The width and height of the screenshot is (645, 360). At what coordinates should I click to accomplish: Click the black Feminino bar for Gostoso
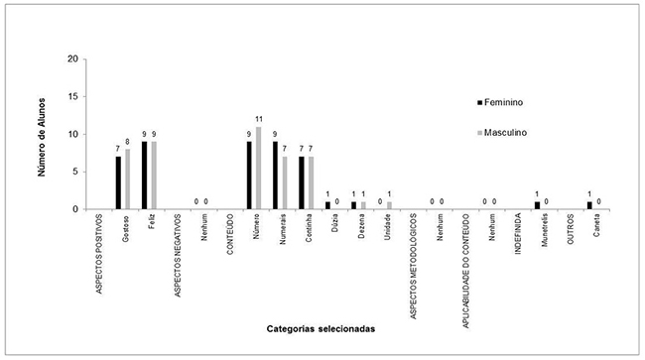[118, 182]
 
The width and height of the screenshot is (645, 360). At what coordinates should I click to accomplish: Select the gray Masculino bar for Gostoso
[127, 180]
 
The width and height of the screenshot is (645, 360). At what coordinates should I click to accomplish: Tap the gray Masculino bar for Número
[259, 168]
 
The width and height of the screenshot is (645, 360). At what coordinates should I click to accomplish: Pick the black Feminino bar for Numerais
[276, 176]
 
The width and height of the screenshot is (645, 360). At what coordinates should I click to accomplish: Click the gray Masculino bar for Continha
[312, 182]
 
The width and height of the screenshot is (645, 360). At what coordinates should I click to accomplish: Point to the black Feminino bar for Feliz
[145, 176]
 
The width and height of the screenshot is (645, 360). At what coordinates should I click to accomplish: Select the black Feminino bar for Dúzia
[327, 205]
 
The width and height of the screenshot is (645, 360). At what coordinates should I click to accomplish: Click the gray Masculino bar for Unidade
[390, 205]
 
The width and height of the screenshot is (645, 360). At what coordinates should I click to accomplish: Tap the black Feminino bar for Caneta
[589, 205]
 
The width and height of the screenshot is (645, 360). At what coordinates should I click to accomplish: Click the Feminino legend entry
[507, 102]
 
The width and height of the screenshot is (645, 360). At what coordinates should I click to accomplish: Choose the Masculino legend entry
[507, 133]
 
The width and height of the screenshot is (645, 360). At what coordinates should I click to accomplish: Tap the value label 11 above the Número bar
[260, 121]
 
